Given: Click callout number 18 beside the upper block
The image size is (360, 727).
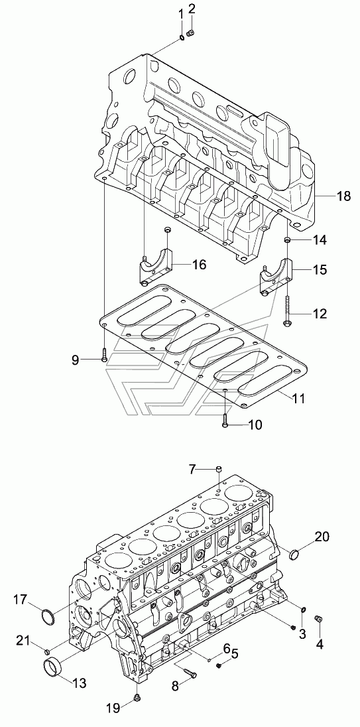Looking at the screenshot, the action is [x=344, y=196].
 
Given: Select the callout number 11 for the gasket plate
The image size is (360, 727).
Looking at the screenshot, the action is [x=299, y=398].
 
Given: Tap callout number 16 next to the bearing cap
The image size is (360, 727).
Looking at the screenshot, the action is [x=200, y=265].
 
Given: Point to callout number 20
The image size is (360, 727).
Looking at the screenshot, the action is [x=322, y=537].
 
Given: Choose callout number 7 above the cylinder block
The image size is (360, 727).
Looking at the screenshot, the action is [x=192, y=469].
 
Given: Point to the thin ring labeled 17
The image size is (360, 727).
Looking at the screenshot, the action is [x=48, y=617].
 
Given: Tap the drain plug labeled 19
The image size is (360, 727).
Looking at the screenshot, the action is [x=138, y=697].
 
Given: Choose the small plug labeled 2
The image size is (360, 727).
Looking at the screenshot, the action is [x=190, y=33].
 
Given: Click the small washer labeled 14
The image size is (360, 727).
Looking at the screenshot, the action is [x=287, y=239].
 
